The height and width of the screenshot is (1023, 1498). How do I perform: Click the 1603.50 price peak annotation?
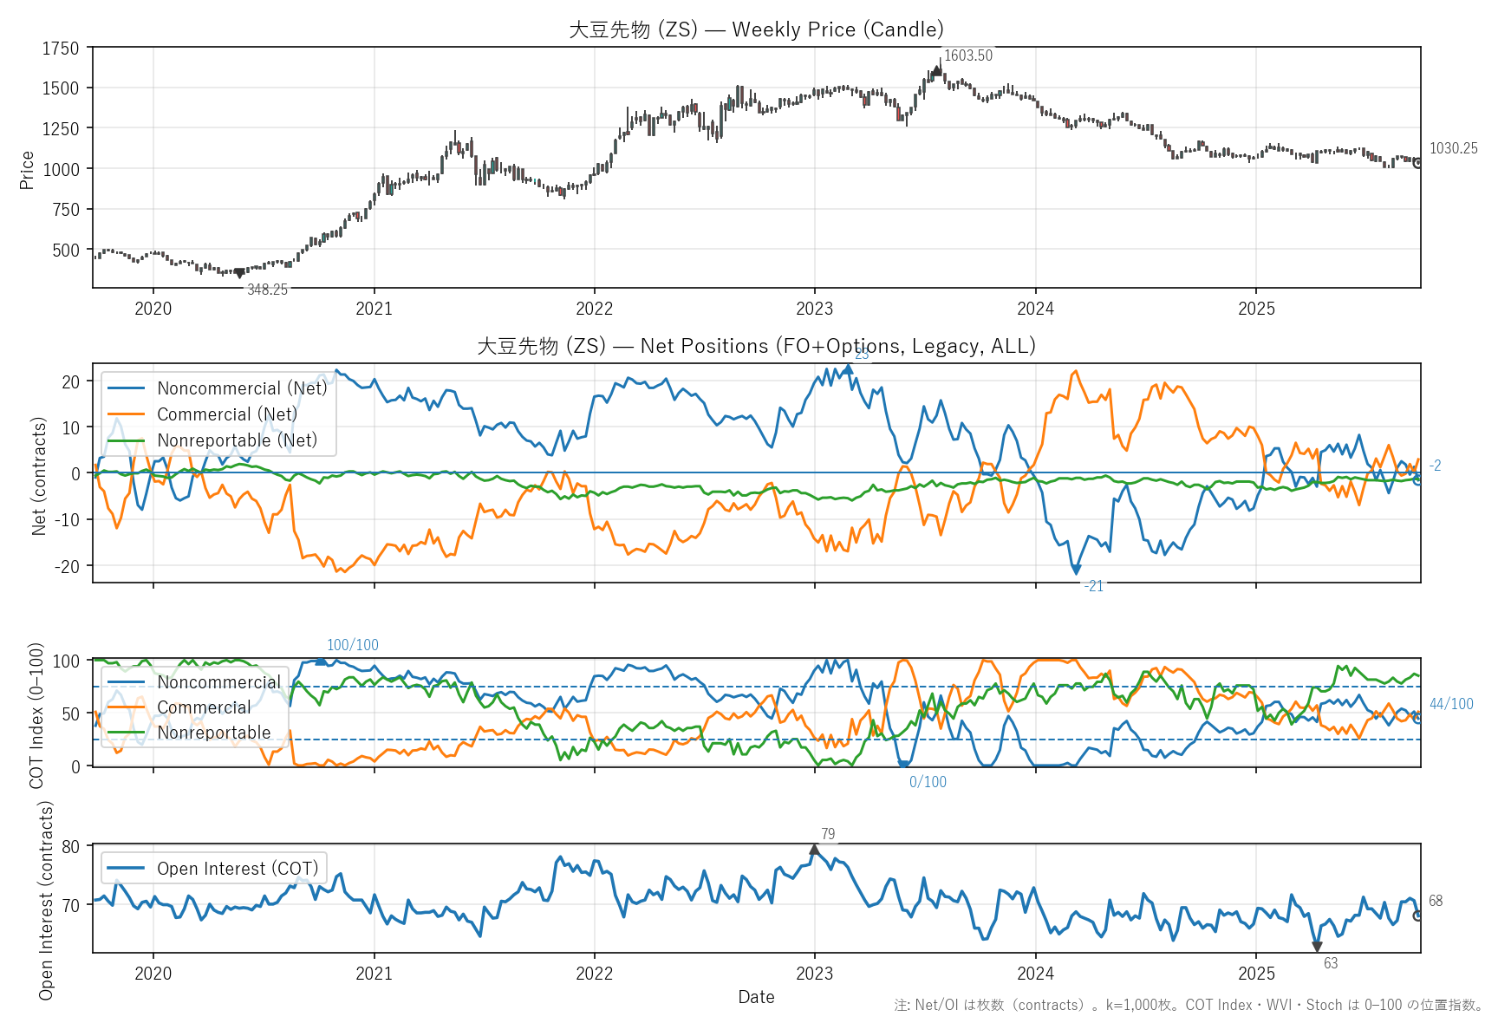coord(967,55)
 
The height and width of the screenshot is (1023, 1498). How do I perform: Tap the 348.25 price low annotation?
coord(267,290)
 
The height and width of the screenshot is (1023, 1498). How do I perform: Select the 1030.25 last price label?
coord(1453,148)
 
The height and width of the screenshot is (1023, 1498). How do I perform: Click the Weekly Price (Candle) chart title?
coord(756,29)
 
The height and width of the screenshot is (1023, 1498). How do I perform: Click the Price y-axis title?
coord(27,169)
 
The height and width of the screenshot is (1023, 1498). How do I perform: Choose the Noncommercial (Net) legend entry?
coord(242,388)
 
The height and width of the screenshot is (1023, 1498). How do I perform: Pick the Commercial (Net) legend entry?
coord(227,414)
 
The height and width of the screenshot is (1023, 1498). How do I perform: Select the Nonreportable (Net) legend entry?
coord(237,440)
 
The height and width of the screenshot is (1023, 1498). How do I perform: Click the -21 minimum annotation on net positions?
coord(1094,586)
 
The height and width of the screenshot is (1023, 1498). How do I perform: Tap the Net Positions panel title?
coord(756,346)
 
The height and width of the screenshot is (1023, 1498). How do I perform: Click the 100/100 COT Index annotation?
coord(352,645)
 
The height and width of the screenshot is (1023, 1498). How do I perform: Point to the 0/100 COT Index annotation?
coord(928,782)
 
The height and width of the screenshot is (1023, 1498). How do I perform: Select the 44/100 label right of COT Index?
coord(1451,704)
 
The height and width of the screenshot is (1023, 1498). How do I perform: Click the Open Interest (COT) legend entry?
coord(237,869)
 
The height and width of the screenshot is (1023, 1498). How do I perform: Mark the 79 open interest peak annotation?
coord(828,834)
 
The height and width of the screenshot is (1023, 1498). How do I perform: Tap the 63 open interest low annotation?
coord(1331,963)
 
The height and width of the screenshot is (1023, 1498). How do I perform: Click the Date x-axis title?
coord(756,997)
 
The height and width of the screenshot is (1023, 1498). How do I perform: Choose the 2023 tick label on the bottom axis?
coord(814,974)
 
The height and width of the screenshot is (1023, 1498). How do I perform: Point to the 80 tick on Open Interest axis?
coord(70,847)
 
